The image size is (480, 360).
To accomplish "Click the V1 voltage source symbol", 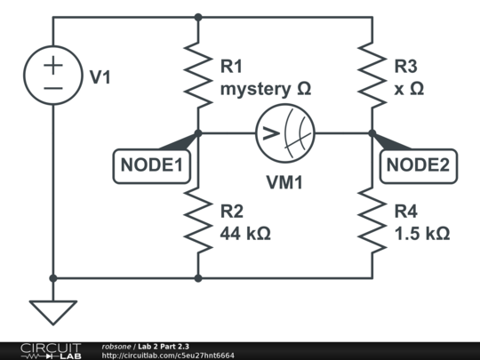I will (x=53, y=76).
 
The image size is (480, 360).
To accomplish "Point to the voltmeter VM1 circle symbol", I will (x=284, y=134).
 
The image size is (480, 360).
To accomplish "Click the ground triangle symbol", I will (x=53, y=311).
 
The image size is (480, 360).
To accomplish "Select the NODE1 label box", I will (x=151, y=164).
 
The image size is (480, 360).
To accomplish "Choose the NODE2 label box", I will (x=418, y=164).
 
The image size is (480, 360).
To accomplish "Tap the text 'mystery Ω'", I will (x=265, y=89).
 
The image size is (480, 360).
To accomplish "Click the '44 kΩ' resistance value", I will (x=245, y=234).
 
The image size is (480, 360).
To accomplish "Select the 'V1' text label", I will (x=100, y=77).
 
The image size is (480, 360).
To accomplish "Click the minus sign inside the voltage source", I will (x=53, y=89).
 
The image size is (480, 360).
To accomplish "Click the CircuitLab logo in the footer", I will (x=50, y=350).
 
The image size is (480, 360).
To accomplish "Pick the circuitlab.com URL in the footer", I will (x=168, y=355).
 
